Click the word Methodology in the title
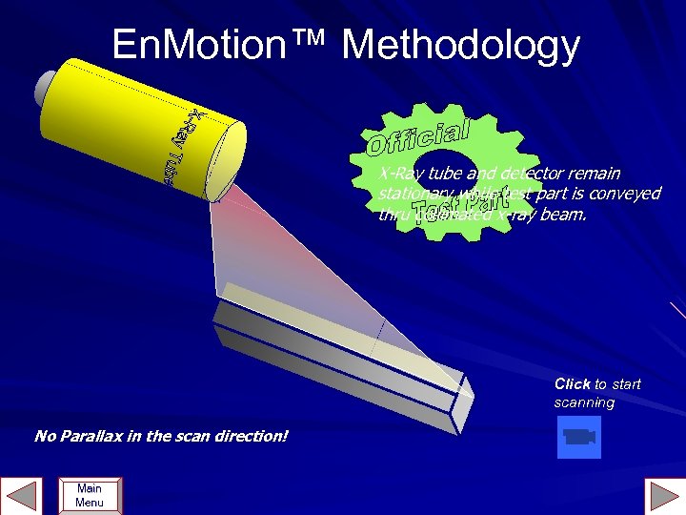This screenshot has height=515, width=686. (462, 45)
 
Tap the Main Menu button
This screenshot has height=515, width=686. (89, 496)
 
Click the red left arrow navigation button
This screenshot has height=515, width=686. (22, 497)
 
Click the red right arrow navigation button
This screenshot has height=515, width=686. (664, 497)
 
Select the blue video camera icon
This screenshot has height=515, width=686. (578, 437)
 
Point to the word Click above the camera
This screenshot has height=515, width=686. (572, 383)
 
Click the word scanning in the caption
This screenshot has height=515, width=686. (584, 402)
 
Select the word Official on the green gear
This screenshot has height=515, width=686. (417, 137)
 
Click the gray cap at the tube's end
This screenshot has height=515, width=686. (44, 90)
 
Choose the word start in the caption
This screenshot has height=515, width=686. (626, 383)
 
